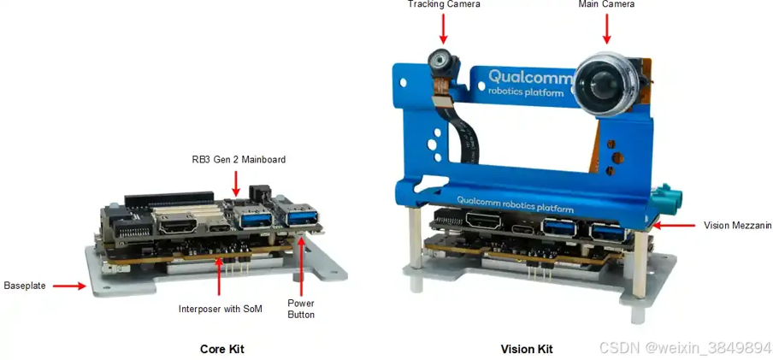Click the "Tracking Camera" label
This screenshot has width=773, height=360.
click(443, 4)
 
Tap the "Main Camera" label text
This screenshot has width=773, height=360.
click(605, 4)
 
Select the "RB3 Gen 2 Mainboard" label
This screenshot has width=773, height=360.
click(239, 159)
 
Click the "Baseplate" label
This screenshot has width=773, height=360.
click(25, 285)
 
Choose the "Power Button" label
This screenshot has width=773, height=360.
click(300, 309)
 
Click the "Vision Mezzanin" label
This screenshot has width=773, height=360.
click(737, 226)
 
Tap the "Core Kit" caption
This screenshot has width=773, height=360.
click(221, 349)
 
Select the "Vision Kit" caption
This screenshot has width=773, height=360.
click(526, 349)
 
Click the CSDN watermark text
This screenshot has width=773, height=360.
click(684, 347)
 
